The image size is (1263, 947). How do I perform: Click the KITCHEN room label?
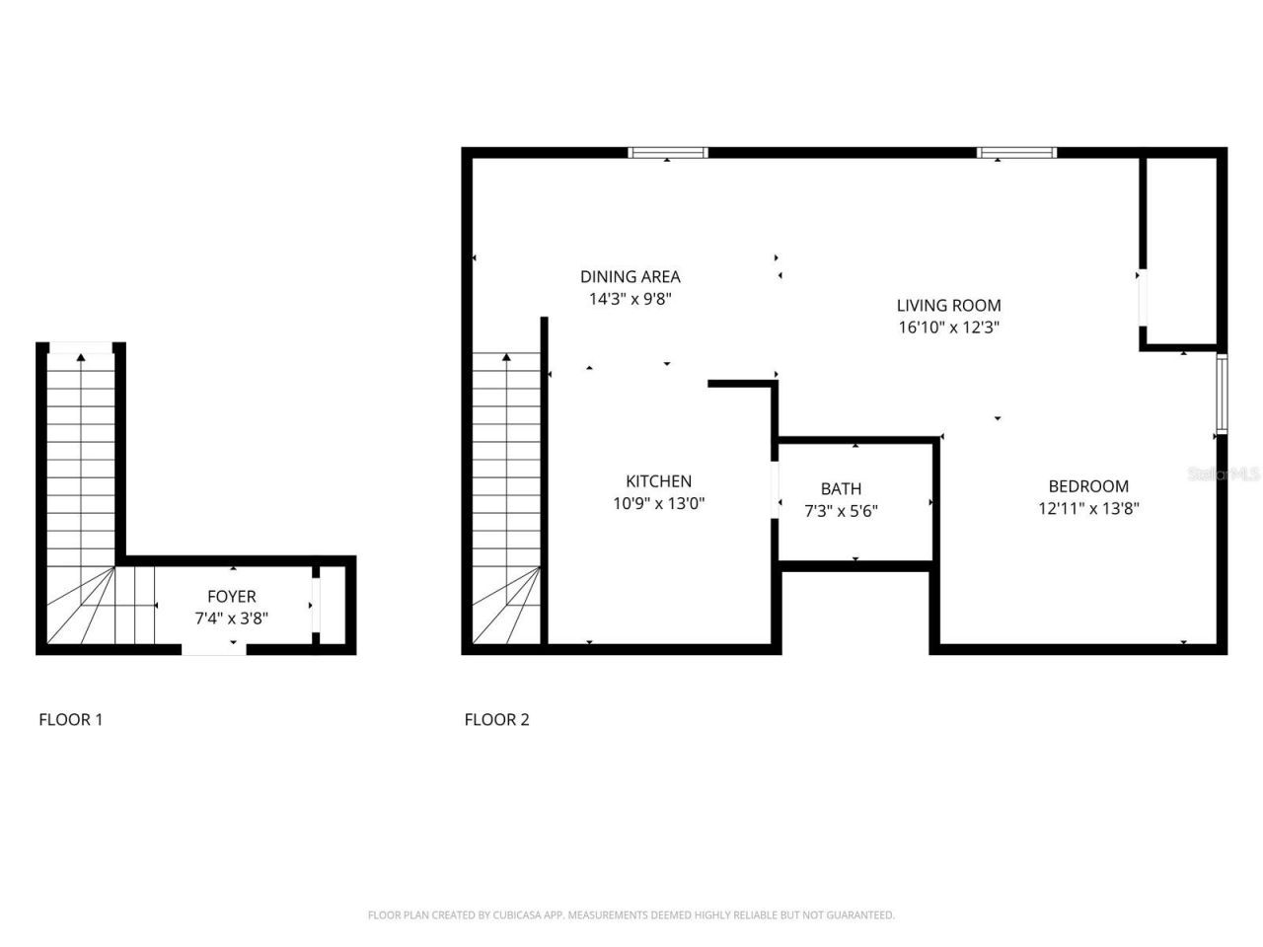coord(658,481)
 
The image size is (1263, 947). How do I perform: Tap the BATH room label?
coord(841,488)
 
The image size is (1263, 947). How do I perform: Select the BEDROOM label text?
coord(1088,486)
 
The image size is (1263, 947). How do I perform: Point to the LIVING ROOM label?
coord(948,306)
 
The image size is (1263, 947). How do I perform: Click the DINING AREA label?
coord(630,277)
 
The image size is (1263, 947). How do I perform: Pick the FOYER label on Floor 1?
coord(231,597)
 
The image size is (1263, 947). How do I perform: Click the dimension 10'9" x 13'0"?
coord(658,504)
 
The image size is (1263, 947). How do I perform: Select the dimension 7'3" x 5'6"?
coord(841,511)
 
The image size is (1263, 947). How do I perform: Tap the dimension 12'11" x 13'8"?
coord(1088,509)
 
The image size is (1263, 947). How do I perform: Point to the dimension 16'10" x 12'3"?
coord(948,328)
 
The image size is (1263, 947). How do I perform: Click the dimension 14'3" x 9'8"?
coord(630,299)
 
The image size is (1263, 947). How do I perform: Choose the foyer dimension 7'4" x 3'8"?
coord(231,619)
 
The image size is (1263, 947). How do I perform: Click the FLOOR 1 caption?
coord(70,719)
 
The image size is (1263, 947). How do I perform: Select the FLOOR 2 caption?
coord(496,719)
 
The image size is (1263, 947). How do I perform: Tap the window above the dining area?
coord(668,153)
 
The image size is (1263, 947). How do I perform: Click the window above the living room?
coord(1016,153)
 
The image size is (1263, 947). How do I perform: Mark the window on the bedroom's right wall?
coord(1222,395)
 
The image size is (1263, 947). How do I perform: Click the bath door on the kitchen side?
coord(776,488)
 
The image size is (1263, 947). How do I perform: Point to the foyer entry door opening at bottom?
coord(214,648)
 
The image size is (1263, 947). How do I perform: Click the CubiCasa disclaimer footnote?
coord(631,915)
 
